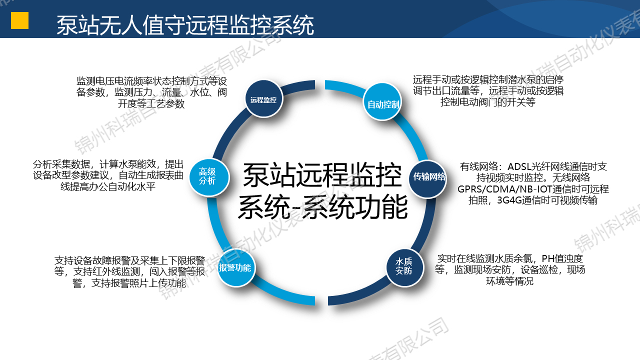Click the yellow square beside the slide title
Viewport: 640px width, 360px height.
[19, 20]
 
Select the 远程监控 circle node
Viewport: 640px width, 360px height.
[264, 99]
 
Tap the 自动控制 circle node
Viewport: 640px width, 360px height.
[383, 104]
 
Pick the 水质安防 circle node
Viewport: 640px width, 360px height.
[404, 266]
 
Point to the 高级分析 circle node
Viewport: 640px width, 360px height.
[207, 176]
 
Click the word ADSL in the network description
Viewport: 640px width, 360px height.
[521, 166]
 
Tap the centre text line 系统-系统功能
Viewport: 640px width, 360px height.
[322, 206]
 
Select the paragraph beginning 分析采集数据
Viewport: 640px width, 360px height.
[108, 175]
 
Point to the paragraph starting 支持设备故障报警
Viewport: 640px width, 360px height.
[129, 271]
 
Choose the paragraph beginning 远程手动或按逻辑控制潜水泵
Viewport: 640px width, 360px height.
[488, 91]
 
